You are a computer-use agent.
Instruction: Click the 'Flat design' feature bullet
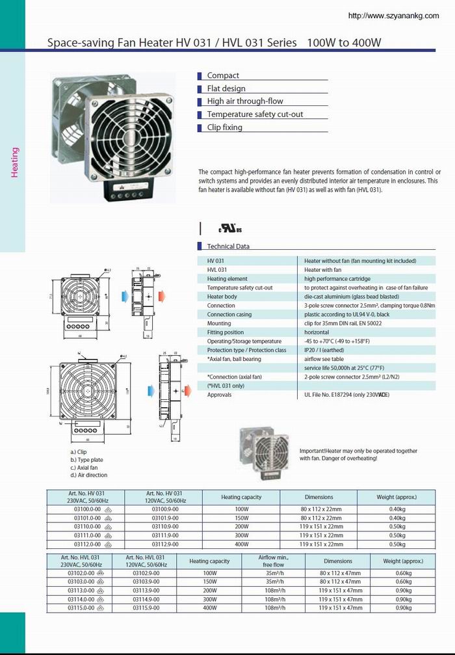226,88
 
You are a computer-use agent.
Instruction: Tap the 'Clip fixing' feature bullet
224,127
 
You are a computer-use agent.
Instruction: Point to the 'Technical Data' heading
228,247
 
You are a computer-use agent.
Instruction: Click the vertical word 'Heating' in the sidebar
15,163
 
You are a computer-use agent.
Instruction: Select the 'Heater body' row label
222,297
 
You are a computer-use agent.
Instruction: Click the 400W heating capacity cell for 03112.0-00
241,544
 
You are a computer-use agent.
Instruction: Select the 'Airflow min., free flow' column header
273,561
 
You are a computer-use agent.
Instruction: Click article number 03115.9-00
146,608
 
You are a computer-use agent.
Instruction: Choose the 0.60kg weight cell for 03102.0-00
403,573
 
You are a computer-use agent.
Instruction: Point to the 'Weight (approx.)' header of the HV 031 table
396,497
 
